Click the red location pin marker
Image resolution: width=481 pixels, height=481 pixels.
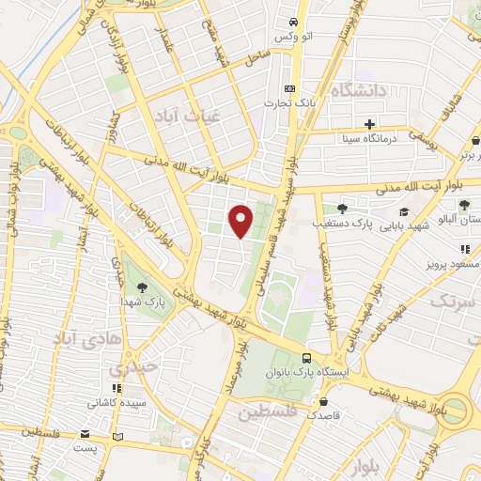pos(241,221)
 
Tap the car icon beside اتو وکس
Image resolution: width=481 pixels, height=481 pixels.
pos(293,22)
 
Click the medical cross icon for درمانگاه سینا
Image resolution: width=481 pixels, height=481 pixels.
pos(370,124)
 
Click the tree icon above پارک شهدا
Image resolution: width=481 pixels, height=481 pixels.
pos(142,287)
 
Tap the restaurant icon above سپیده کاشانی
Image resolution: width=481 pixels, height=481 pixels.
pos(116,388)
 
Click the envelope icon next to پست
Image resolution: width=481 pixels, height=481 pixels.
pos(86,435)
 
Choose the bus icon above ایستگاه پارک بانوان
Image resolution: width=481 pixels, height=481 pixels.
pos(307,358)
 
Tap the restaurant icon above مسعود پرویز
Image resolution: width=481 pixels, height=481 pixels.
pos(464,249)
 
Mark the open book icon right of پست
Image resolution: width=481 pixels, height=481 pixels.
pos(117,437)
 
